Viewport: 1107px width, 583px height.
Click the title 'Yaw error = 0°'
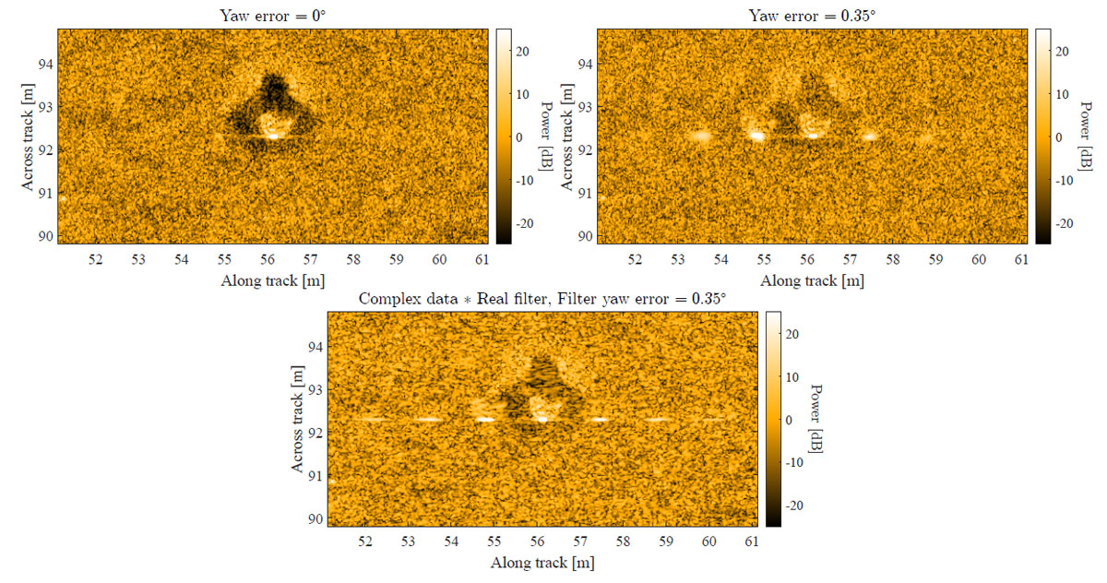coord(272,14)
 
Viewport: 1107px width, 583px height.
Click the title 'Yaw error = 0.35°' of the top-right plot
coord(812,14)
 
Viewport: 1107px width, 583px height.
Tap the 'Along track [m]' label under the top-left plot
coord(272,279)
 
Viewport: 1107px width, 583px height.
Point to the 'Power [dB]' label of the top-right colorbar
coord(1087,136)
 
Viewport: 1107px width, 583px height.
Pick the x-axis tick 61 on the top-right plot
coord(1021,260)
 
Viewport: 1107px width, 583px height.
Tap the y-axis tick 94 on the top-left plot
coord(43,65)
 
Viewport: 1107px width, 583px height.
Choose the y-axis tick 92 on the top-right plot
coord(583,149)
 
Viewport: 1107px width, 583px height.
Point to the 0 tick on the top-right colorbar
coord(1059,137)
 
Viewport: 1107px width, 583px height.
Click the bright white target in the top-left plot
coord(272,136)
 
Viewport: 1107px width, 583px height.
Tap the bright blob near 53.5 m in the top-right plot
coord(699,136)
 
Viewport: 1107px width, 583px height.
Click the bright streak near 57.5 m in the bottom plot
coord(600,419)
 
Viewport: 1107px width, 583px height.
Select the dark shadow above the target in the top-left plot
coord(272,92)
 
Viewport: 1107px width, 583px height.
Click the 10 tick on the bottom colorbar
coord(793,376)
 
